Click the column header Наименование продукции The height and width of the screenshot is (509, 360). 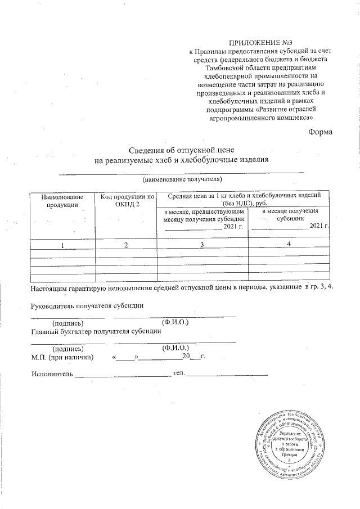[x=62, y=201]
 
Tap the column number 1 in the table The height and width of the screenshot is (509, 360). [x=63, y=245]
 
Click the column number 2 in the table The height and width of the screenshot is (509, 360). [x=126, y=245]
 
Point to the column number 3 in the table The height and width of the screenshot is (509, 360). [x=202, y=245]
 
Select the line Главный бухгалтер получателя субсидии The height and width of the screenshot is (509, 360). [x=93, y=331]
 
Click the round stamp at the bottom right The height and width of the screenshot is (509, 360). [x=289, y=445]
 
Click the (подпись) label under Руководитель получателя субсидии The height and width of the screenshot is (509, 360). [x=67, y=323]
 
